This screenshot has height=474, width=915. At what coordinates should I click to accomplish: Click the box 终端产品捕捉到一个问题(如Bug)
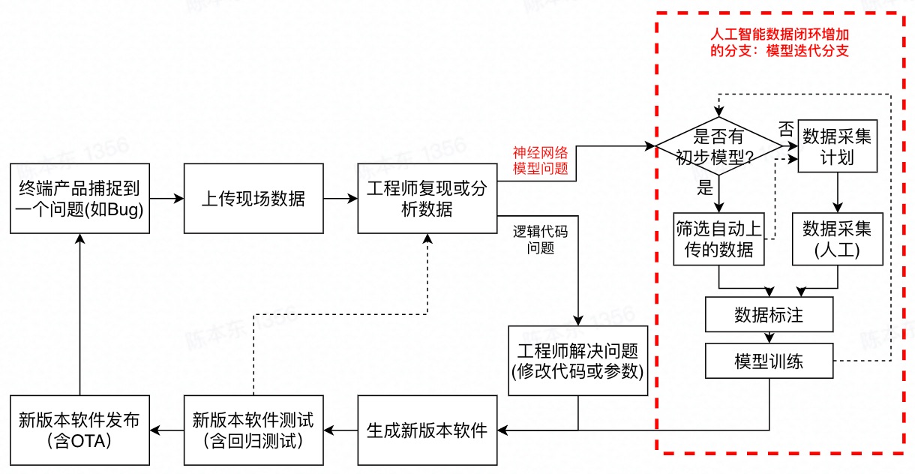79,198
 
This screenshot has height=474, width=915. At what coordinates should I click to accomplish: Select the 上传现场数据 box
253,198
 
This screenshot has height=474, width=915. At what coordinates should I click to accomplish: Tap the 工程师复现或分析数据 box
427,198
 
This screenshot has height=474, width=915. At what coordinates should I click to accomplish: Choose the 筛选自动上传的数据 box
718,238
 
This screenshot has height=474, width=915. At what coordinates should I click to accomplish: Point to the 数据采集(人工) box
837,238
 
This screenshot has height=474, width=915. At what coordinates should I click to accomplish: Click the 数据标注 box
769,314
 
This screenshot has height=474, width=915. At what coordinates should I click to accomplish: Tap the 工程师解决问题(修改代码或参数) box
577,360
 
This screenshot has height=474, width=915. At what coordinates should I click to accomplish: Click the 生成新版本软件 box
427,430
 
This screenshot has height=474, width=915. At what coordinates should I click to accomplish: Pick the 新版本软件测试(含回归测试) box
253,430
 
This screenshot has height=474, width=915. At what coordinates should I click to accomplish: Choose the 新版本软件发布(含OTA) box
79,430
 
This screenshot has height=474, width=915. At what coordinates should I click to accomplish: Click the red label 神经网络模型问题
540,160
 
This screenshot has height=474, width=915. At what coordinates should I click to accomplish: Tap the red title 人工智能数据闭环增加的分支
779,43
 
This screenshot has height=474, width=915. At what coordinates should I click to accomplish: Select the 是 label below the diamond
705,187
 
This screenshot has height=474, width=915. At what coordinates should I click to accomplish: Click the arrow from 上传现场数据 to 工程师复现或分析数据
340,199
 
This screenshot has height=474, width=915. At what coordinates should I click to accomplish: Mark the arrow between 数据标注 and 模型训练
769,337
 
